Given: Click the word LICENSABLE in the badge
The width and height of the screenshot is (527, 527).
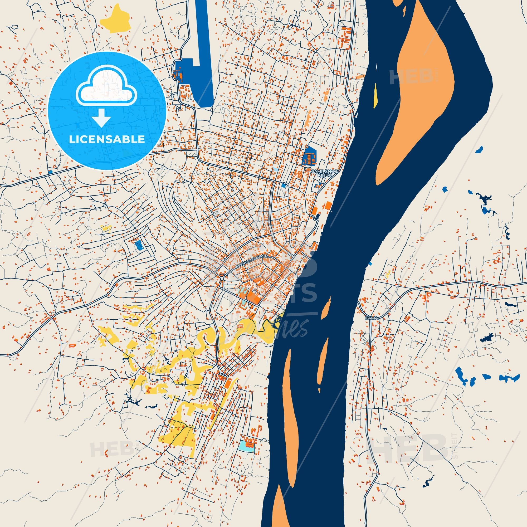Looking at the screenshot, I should (107, 139).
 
